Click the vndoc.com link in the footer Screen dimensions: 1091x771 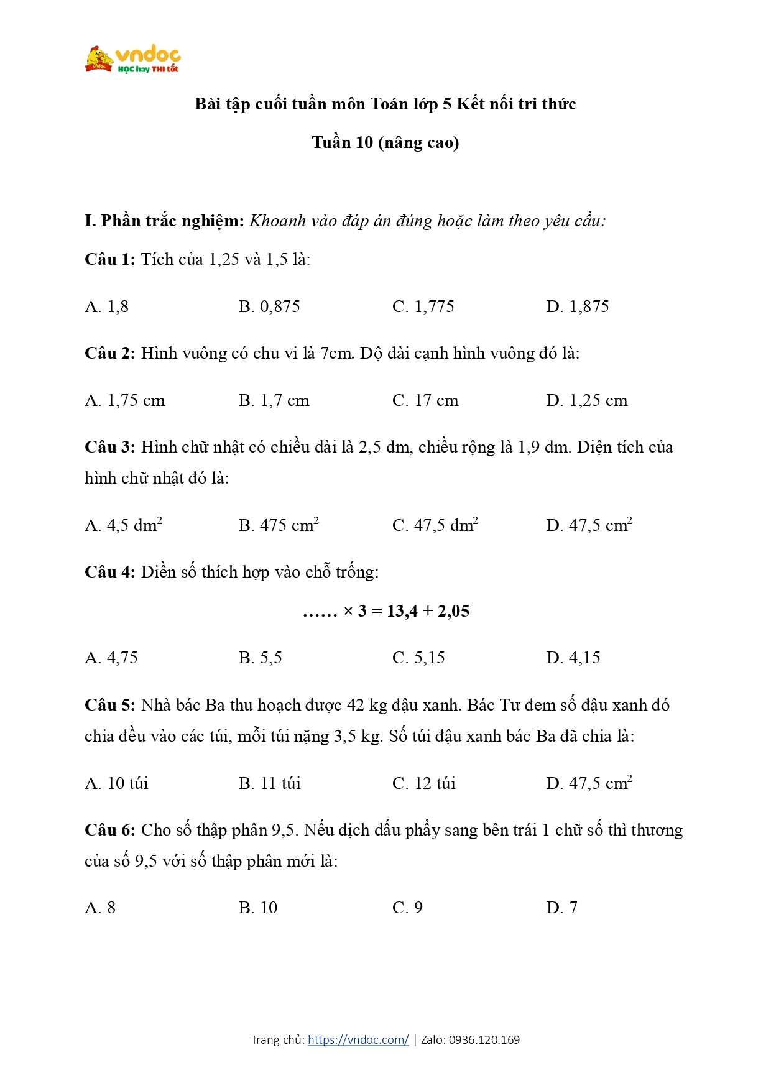tap(358, 1039)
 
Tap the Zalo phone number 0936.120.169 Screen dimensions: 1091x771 tap(484, 1039)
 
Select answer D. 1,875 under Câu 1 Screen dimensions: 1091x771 tap(578, 306)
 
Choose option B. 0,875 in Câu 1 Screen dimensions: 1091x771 tap(269, 306)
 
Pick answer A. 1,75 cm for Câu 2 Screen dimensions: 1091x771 tap(125, 400)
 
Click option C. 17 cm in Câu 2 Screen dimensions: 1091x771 tap(425, 400)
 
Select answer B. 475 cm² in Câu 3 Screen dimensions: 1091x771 tap(279, 525)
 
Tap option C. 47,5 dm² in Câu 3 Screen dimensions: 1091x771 tap(435, 525)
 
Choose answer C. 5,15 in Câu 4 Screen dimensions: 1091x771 tap(418, 658)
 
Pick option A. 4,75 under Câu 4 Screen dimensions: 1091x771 tap(111, 658)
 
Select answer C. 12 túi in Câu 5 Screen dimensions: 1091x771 tap(424, 783)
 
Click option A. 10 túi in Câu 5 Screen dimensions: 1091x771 tap(117, 783)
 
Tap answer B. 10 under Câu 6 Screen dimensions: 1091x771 tap(258, 908)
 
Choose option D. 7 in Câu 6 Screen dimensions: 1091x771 tap(562, 908)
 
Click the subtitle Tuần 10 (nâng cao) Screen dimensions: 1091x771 tap(386, 142)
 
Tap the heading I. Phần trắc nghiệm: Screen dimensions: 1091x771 tap(164, 221)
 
